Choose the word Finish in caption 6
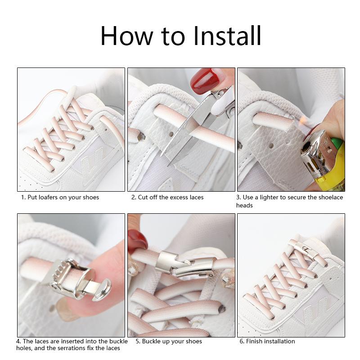point(255,342)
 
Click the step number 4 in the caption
point(18,342)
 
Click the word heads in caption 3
point(244,205)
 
